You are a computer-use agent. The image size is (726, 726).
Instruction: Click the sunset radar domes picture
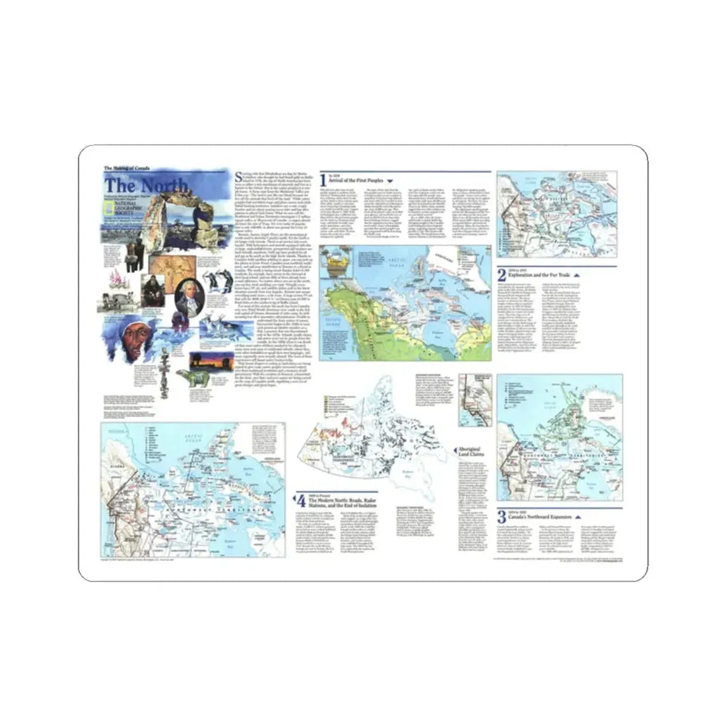[205, 364]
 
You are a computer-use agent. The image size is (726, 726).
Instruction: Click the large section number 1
[323, 180]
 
